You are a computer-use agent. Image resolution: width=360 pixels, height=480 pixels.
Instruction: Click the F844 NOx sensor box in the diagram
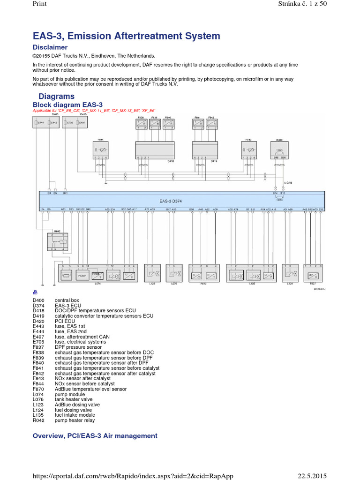(100, 150)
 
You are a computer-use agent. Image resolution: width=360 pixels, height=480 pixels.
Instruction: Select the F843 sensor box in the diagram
(249, 150)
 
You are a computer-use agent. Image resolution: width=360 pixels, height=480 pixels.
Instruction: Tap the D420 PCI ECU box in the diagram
(279, 151)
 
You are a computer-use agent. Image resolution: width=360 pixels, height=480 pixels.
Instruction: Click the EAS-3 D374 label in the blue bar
(171, 201)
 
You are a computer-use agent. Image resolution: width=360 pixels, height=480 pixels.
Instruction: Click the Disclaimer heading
(50, 47)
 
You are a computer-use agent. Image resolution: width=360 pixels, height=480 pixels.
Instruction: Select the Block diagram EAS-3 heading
(67, 104)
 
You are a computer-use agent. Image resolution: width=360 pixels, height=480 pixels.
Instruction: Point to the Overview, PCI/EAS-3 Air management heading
(95, 436)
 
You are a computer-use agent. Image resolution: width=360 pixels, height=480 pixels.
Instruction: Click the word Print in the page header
(40, 4)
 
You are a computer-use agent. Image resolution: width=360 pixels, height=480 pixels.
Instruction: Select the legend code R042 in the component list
(37, 420)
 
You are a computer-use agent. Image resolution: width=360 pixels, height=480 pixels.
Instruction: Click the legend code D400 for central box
(37, 300)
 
